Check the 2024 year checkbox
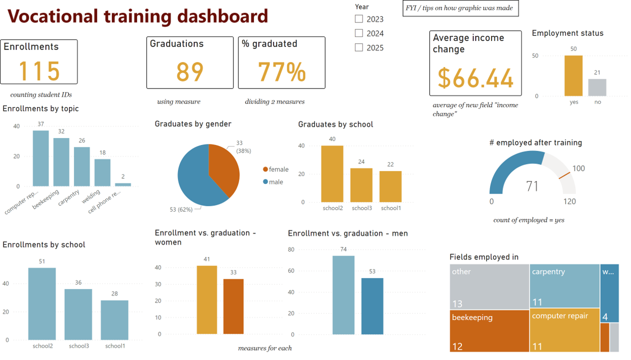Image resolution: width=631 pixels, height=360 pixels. (359, 33)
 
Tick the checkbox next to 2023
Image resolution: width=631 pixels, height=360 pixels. (359, 19)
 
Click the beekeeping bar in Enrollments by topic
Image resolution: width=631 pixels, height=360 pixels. (61, 162)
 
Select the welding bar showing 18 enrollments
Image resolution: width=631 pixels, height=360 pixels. (102, 172)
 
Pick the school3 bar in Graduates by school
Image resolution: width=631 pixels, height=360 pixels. (361, 185)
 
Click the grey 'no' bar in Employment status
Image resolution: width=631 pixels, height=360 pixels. (597, 87)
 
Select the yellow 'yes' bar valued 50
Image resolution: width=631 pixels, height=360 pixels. (573, 75)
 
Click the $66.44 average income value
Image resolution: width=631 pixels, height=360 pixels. (475, 78)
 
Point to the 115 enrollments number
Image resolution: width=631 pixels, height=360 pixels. (39, 71)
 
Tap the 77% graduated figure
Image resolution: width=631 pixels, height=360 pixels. (281, 71)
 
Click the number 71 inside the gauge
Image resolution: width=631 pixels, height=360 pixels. (532, 186)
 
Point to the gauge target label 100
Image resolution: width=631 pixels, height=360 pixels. (578, 168)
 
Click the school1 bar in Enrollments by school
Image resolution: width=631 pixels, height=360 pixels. (114, 320)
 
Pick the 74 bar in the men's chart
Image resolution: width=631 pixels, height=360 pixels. (343, 295)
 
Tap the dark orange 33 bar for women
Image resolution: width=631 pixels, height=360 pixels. (233, 306)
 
